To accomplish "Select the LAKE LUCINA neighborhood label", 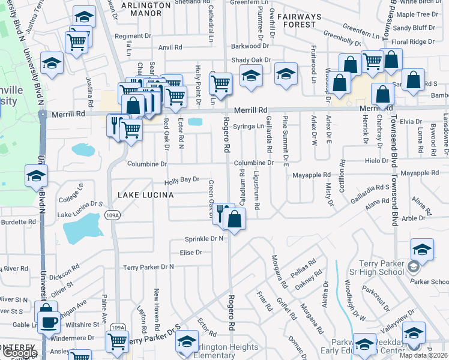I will click(x=145, y=195).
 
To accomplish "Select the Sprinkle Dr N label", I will click(x=204, y=238).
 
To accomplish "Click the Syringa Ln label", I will click(x=252, y=126).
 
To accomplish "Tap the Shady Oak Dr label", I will click(x=251, y=60).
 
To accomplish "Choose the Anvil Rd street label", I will click(x=170, y=47).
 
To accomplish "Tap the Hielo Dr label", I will click(x=377, y=161).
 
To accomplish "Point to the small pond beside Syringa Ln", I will click(x=195, y=122).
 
